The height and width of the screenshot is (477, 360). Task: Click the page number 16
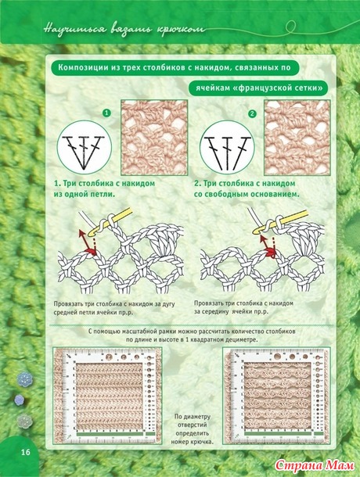[x=26, y=452]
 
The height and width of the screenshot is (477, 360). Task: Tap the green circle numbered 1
[x=106, y=113]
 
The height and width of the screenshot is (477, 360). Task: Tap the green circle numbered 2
[x=252, y=114]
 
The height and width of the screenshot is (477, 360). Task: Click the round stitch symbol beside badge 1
[x=85, y=148]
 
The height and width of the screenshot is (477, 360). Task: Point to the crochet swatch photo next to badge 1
[x=154, y=138]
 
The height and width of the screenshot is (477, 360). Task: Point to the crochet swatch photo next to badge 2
[x=297, y=138]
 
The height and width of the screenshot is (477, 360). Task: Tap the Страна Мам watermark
[x=315, y=464]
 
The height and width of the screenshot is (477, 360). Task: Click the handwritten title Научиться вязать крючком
[x=124, y=30]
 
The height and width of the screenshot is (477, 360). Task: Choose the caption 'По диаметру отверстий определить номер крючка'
[x=192, y=429]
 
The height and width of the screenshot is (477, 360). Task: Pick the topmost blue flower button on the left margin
[x=24, y=378]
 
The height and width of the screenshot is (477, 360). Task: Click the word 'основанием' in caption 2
[x=275, y=194]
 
